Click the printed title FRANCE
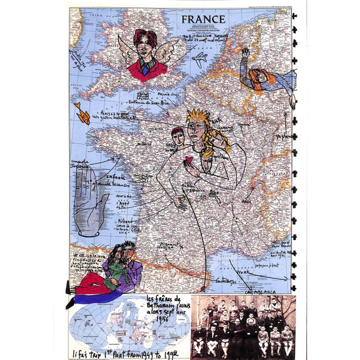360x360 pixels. coord(203,19)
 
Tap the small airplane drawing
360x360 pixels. coord(200,58)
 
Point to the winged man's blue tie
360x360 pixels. coord(146,68)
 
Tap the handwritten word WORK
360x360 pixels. coord(242,272)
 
